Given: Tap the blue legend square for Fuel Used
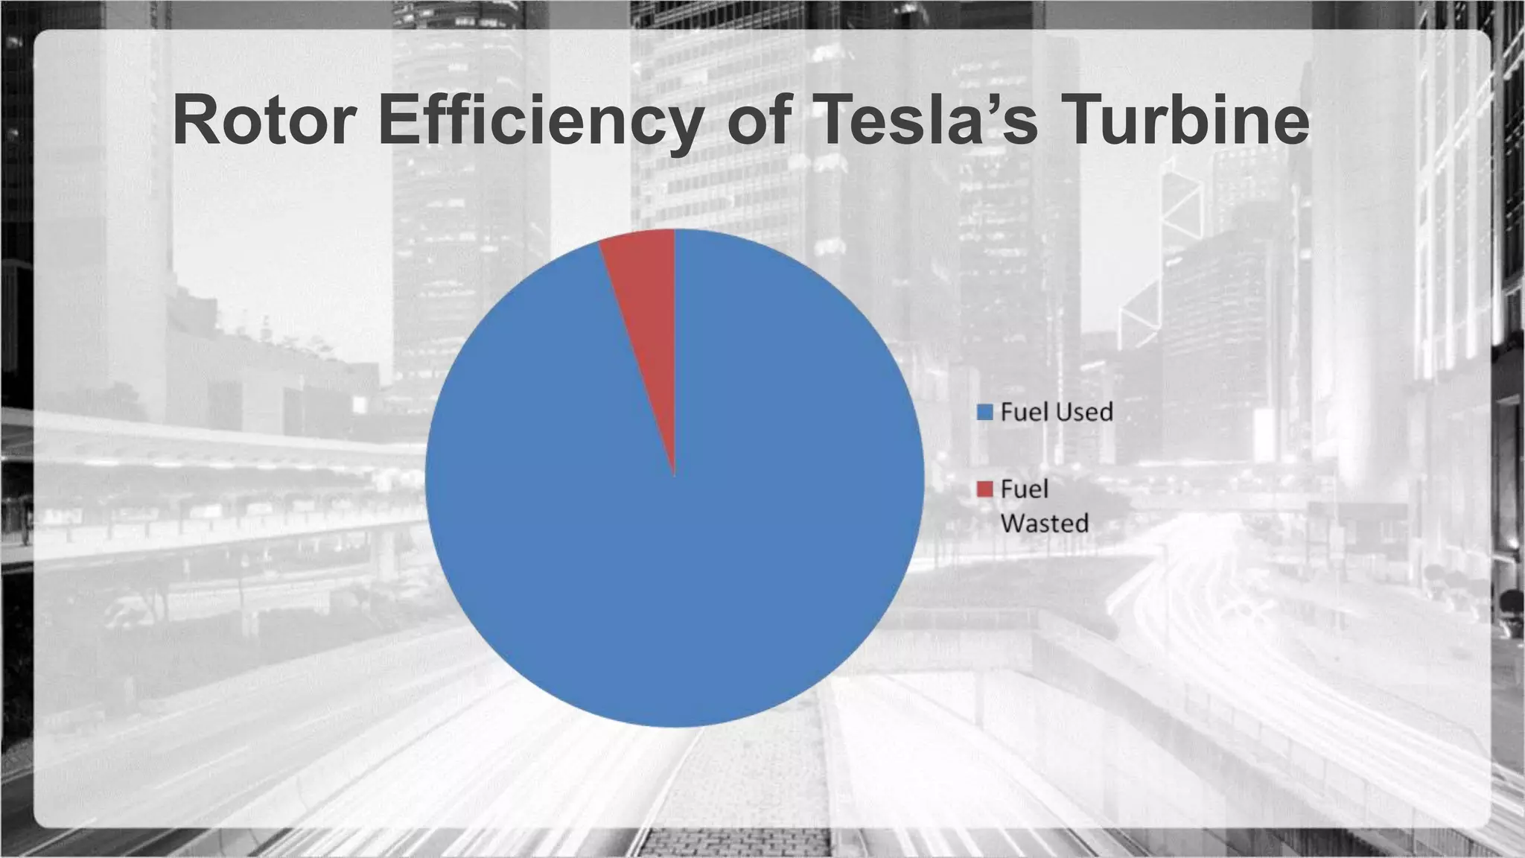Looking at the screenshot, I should coord(984,412).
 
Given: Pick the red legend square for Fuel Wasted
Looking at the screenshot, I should coord(984,489).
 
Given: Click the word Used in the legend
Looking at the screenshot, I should coord(1084,412).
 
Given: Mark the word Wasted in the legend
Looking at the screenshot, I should coord(1044,523).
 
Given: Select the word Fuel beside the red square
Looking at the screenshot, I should coord(1024,489).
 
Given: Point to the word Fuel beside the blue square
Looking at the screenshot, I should coord(1024,412).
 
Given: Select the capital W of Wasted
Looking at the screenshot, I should coord(1013,523).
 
